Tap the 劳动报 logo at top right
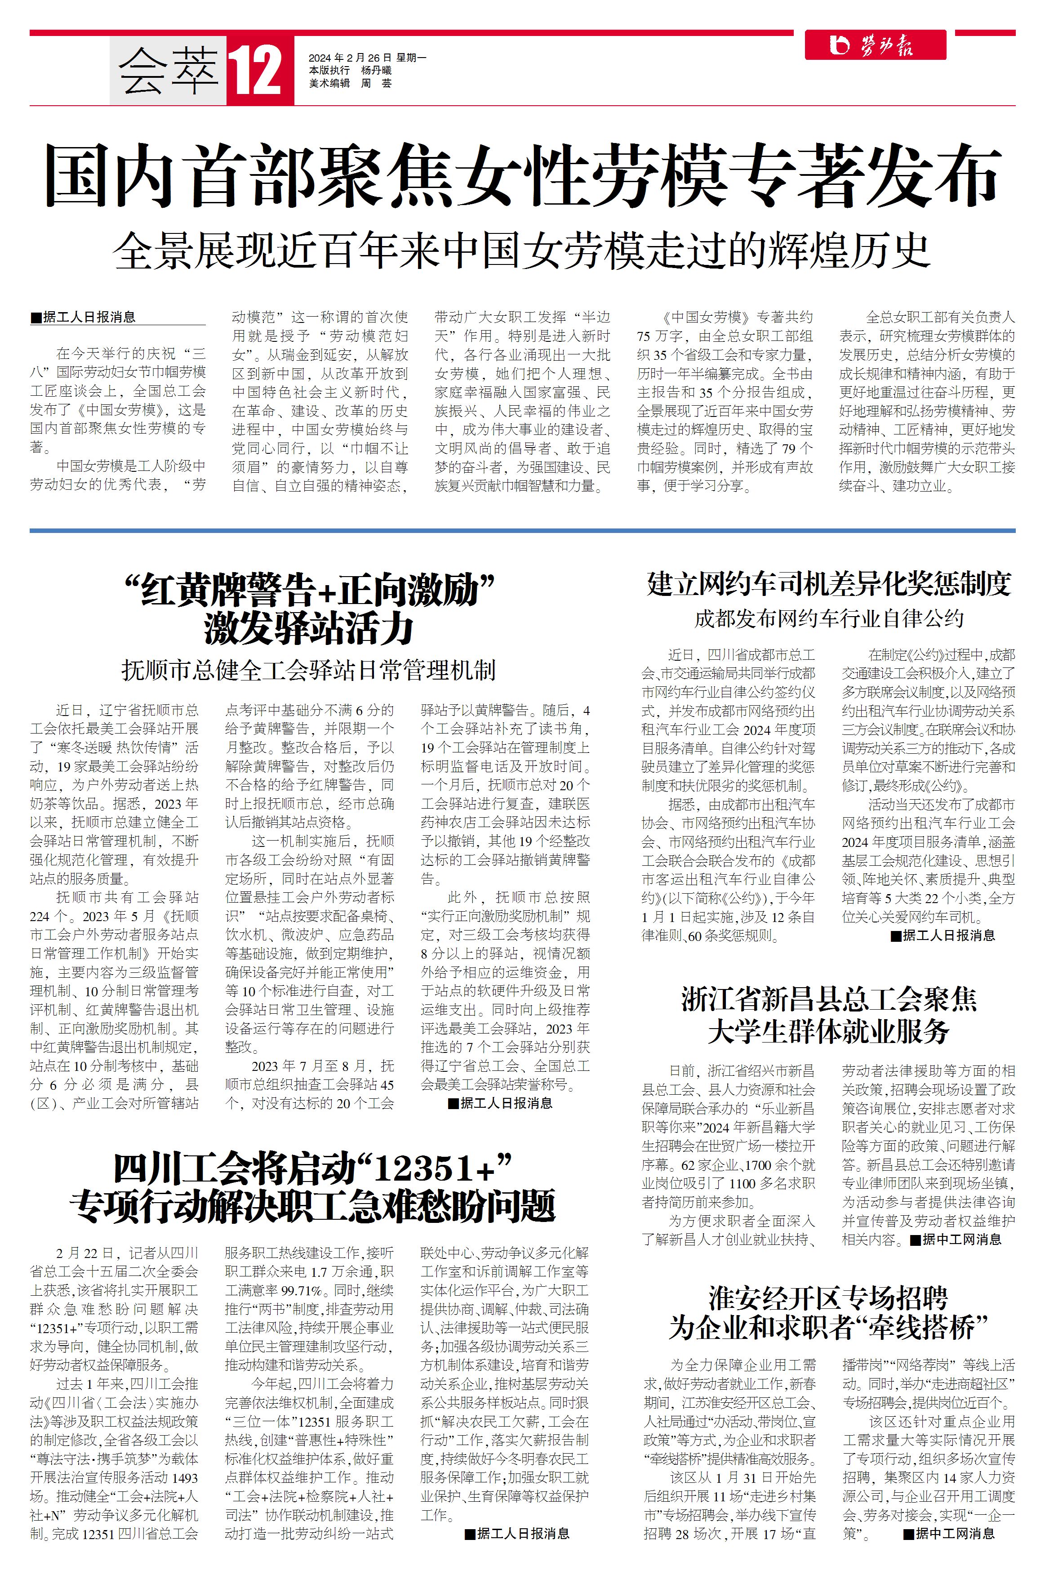[874, 45]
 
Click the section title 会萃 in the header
[168, 72]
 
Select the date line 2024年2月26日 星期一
[367, 58]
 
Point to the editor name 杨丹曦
[377, 71]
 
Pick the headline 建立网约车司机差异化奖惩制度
[828, 584]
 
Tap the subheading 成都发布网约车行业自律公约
[828, 619]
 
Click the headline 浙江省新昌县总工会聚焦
[828, 999]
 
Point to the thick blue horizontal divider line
[522, 531]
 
